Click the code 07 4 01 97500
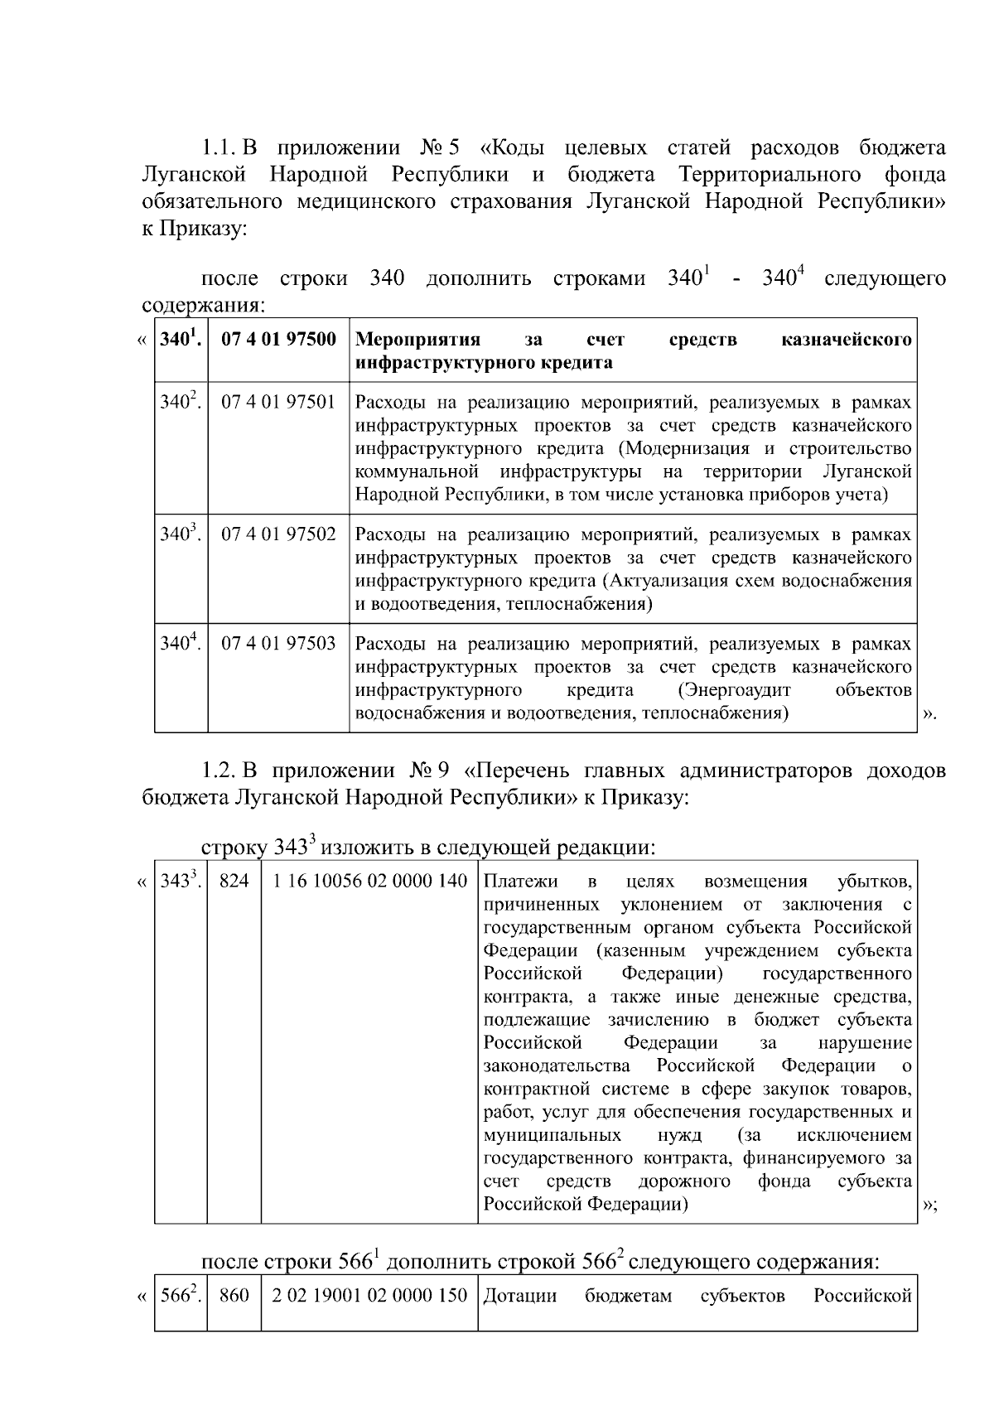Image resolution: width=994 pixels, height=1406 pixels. (278, 339)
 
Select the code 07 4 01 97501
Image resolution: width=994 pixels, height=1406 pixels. (278, 402)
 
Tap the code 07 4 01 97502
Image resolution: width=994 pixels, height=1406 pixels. (278, 534)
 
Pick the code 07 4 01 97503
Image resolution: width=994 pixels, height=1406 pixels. (278, 643)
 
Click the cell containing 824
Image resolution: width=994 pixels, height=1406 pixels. (234, 880)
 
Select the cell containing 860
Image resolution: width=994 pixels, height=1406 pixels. (234, 1295)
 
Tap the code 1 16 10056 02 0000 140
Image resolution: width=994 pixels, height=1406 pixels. (369, 880)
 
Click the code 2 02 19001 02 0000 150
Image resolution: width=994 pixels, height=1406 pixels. (369, 1295)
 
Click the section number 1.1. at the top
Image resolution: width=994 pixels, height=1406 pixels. (220, 148)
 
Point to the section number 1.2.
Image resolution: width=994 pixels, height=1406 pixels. (220, 771)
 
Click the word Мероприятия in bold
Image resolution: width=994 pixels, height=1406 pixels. (417, 340)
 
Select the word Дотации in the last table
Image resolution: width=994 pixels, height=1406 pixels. (519, 1295)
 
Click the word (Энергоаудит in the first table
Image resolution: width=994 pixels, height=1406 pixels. (734, 690)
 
